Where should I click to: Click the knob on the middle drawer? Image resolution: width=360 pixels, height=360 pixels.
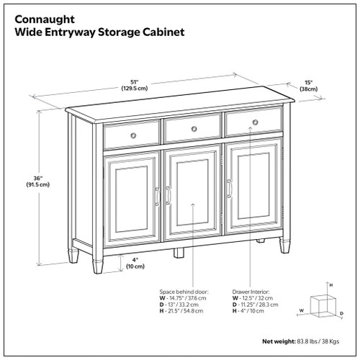(x=193, y=129)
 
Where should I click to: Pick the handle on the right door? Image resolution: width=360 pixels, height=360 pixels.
(x=230, y=189)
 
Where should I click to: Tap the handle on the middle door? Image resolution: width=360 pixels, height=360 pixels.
(x=168, y=194)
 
